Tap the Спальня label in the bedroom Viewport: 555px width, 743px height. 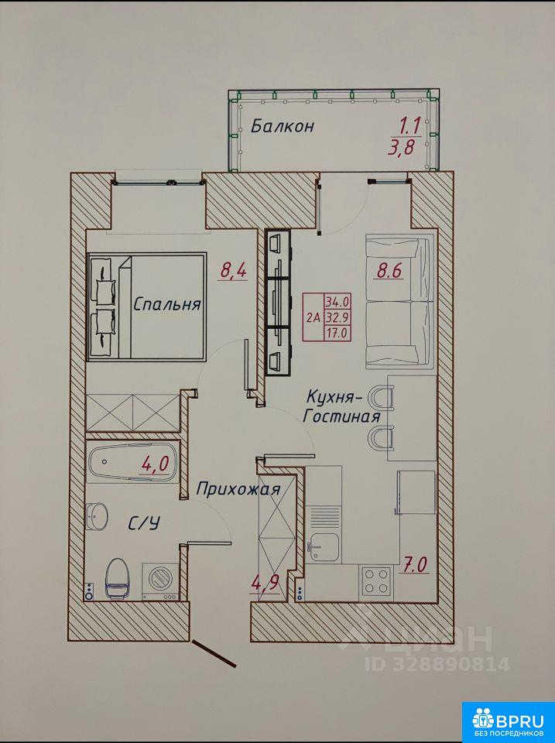167,303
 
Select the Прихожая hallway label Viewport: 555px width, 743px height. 238,488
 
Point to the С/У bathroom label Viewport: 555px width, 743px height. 144,523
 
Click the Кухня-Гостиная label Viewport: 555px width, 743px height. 341,406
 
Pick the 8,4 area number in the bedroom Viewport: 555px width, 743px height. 234,272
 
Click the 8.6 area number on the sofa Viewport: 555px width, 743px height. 389,271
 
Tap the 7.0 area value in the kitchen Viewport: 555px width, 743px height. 415,565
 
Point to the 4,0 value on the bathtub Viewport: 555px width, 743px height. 155,464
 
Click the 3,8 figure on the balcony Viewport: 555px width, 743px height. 401,147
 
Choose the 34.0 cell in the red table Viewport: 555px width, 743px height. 337,301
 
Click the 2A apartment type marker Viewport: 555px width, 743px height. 313,317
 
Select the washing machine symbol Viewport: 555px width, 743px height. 161,582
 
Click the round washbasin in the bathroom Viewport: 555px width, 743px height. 98,515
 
